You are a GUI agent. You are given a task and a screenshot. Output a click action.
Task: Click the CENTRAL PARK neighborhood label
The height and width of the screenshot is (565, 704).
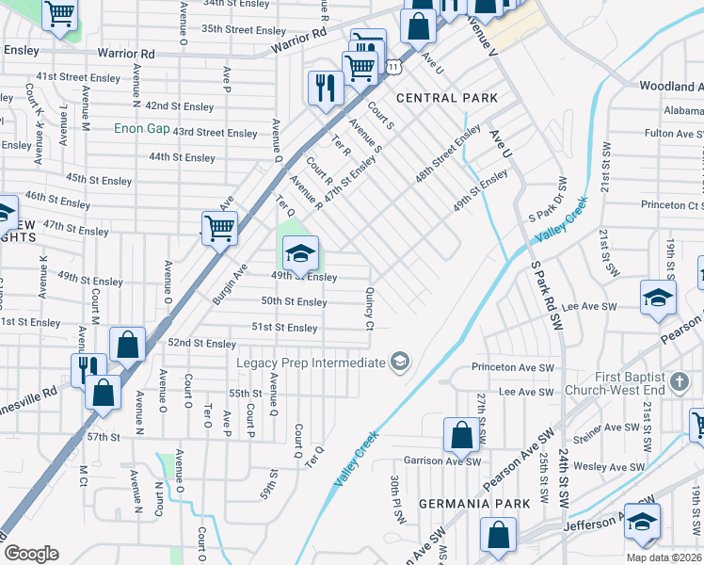click(447, 98)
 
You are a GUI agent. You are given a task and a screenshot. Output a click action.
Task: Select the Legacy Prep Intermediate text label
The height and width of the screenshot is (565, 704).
click(311, 363)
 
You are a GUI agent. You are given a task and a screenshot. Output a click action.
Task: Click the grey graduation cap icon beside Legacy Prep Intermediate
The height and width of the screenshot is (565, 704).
click(400, 363)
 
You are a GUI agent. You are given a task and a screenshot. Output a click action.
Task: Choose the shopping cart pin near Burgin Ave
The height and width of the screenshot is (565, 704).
click(219, 228)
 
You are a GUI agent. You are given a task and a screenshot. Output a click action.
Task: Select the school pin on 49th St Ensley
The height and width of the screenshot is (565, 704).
click(300, 253)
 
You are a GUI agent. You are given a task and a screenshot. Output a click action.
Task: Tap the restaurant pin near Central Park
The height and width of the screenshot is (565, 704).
click(325, 89)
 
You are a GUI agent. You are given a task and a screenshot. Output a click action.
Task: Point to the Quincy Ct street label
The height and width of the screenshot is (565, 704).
click(370, 309)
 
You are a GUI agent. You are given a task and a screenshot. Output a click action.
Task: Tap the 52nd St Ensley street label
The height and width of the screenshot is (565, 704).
click(201, 344)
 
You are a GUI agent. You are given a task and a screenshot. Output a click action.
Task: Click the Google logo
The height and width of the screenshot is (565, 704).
click(31, 554)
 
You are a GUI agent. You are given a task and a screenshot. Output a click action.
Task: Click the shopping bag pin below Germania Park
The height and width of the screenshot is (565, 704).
click(497, 535)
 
